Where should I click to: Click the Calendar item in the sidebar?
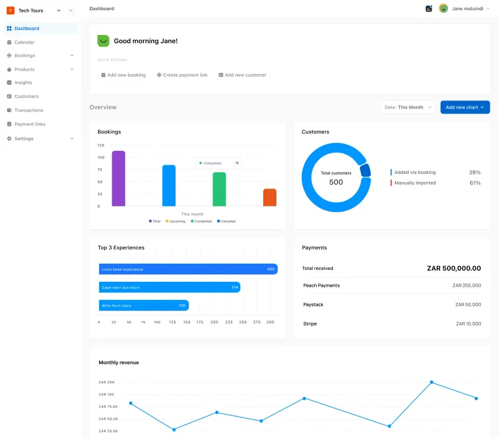pyautogui.click(x=24, y=42)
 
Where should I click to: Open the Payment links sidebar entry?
pyautogui.click(x=29, y=124)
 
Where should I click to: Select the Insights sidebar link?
pyautogui.click(x=23, y=82)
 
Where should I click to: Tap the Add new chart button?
pyautogui.click(x=465, y=107)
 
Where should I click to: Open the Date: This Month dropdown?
pyautogui.click(x=408, y=107)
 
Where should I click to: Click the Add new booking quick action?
pyautogui.click(x=124, y=75)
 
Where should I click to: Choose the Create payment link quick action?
pyautogui.click(x=182, y=75)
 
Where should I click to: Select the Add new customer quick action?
pyautogui.click(x=243, y=75)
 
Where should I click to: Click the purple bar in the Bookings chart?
pyautogui.click(x=119, y=178)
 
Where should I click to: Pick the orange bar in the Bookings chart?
pyautogui.click(x=269, y=197)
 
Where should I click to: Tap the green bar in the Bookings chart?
pyautogui.click(x=219, y=189)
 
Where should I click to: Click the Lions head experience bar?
pyautogui.click(x=188, y=269)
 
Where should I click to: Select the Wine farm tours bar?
pyautogui.click(x=143, y=305)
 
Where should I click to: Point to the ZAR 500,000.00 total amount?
pyautogui.click(x=453, y=268)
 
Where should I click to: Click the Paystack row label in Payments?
pyautogui.click(x=313, y=305)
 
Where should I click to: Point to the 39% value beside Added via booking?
pyautogui.click(x=475, y=172)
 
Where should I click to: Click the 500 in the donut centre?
pyautogui.click(x=336, y=182)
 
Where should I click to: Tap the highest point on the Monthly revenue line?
pyautogui.click(x=431, y=382)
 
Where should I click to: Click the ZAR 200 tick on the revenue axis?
pyautogui.click(x=107, y=382)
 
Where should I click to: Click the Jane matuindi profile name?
pyautogui.click(x=467, y=9)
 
